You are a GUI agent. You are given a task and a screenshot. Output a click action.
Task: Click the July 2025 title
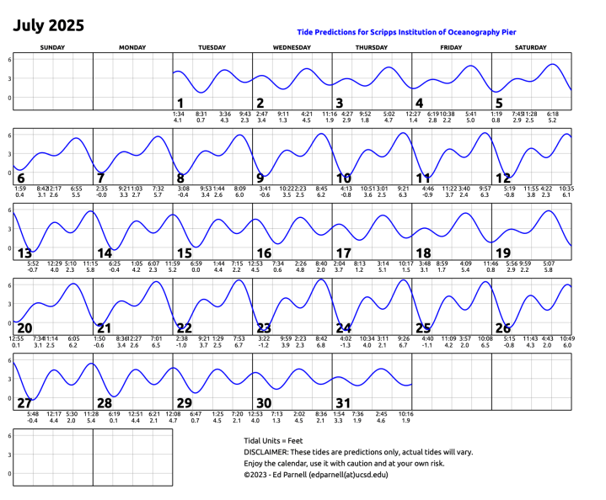point(48,25)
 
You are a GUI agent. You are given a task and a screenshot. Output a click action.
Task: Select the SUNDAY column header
point(52,48)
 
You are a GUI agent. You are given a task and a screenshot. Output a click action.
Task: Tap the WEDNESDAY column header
point(292,48)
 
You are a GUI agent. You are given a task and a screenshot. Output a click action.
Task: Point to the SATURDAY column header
point(531,48)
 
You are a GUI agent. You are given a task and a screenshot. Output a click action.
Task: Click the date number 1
point(179,104)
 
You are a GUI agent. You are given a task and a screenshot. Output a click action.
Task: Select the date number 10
point(344,178)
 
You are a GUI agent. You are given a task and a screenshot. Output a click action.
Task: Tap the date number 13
point(24,253)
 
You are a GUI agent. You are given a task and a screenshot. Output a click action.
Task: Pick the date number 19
point(503,253)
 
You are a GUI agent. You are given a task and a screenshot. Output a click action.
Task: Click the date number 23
point(264,328)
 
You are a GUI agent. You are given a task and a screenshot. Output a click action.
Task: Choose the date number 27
point(24,403)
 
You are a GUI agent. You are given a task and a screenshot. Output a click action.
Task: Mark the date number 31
point(344,403)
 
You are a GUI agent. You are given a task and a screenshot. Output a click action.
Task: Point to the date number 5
point(499,104)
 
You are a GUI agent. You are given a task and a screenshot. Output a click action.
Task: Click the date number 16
point(264,253)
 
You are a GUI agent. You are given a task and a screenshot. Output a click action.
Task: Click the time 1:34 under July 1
point(178,114)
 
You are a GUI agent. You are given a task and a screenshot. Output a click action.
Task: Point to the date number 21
point(104,328)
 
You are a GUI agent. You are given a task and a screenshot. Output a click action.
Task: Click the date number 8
point(180,178)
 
